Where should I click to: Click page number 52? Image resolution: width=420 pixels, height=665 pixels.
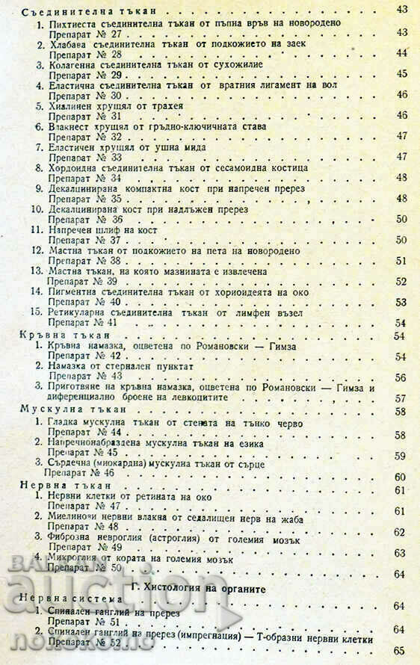click(x=401, y=282)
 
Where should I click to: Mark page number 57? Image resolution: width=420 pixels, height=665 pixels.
click(x=401, y=398)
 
